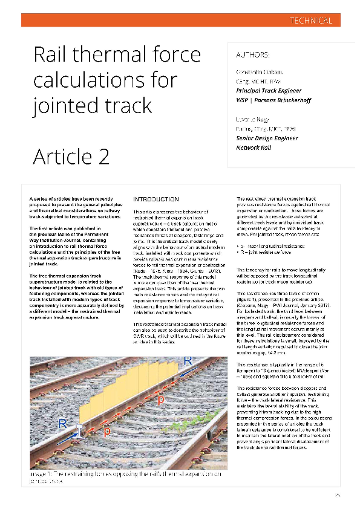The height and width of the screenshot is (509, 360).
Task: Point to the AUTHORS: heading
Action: tap(252, 56)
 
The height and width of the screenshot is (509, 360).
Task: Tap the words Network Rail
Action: tap(255, 148)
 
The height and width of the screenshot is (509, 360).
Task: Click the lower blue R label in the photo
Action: tap(62, 424)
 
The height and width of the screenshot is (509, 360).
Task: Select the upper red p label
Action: tap(160, 400)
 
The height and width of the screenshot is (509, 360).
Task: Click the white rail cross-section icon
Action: tap(79, 429)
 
